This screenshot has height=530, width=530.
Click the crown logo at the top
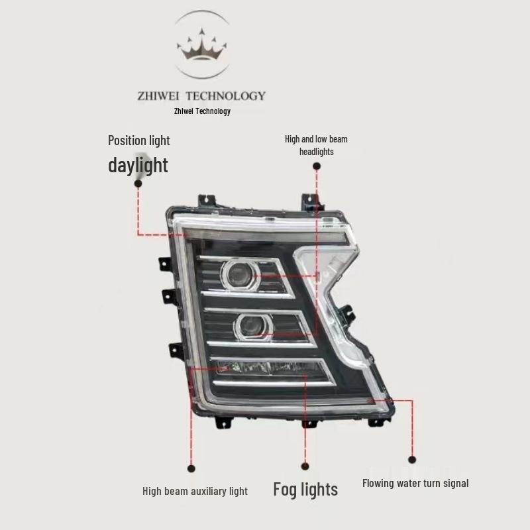202,44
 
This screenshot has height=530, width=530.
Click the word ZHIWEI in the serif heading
158,96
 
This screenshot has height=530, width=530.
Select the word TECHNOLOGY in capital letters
226,96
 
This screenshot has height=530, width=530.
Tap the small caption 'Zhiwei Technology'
202,111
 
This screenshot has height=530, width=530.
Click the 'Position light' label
138,140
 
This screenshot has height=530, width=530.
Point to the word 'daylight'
138,165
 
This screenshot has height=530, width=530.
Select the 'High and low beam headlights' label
316,145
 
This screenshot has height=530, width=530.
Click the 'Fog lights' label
305,490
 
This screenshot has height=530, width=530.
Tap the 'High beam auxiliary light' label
195,491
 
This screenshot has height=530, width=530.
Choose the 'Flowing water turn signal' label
415,484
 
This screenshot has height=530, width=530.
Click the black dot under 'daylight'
138,184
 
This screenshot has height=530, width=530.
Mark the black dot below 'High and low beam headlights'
317,166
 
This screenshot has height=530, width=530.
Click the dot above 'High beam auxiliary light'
191,468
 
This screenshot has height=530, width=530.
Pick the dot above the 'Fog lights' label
305,466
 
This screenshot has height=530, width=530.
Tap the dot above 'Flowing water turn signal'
412,460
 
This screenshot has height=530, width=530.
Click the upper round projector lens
240,275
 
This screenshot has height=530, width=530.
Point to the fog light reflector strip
270,368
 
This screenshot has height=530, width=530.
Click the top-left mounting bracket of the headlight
207,200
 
